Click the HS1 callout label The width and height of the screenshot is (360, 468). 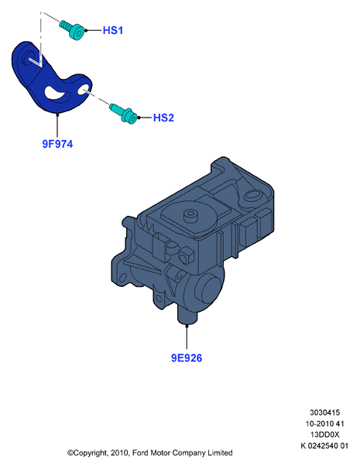(113, 30)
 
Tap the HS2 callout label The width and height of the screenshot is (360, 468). (163, 118)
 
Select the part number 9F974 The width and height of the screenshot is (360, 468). (57, 144)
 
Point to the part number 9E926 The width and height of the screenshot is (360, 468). (187, 357)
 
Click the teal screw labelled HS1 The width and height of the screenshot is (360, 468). (72, 30)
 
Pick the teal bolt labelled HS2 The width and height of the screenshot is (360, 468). (124, 113)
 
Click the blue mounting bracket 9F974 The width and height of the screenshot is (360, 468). (51, 78)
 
